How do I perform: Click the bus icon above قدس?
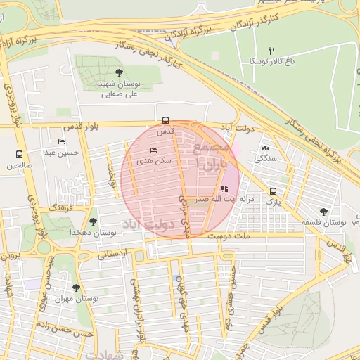(x=166, y=120)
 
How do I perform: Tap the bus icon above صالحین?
(x=19, y=154)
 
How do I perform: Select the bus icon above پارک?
(x=273, y=191)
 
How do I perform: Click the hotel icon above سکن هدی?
(x=154, y=150)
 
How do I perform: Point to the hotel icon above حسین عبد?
(x=60, y=142)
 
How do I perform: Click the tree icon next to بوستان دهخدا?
(x=93, y=221)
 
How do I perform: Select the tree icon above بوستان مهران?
(x=76, y=287)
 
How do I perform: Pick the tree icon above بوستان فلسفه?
(x=323, y=211)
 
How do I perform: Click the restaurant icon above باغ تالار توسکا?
(x=272, y=51)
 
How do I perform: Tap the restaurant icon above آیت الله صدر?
(x=224, y=188)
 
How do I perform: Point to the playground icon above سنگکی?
(x=266, y=148)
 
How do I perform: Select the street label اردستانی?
(x=112, y=254)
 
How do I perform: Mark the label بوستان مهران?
(x=77, y=299)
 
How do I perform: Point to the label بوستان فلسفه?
(x=326, y=222)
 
